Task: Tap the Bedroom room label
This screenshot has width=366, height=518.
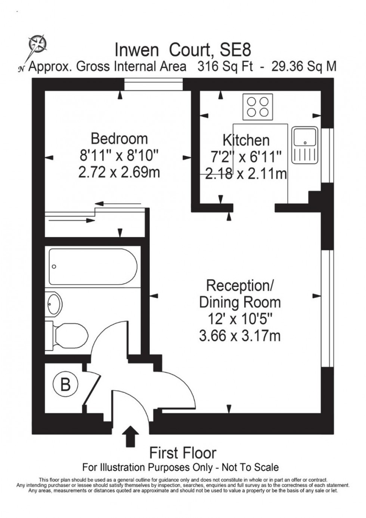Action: [119, 139]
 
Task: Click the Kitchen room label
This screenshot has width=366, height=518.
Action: [246, 140]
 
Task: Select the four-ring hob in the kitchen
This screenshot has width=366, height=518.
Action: [258, 107]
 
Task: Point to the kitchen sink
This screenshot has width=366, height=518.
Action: [305, 145]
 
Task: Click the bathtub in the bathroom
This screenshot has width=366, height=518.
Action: [93, 266]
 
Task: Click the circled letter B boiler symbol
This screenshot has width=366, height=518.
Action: [65, 385]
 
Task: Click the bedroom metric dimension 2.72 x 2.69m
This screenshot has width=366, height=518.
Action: [119, 172]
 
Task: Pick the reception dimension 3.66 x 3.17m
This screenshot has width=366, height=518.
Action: [240, 336]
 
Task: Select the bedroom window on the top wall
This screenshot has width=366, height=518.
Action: [153, 84]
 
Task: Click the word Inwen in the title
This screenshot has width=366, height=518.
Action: [137, 50]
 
